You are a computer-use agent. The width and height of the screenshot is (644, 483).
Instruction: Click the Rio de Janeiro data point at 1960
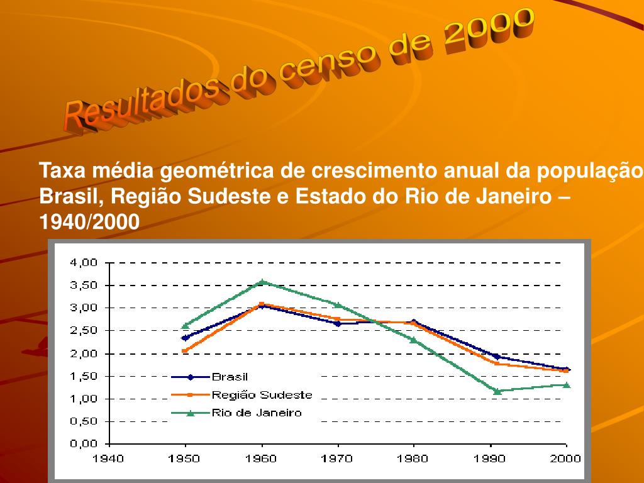point(262,282)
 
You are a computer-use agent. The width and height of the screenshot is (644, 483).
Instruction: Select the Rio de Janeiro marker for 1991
point(497,391)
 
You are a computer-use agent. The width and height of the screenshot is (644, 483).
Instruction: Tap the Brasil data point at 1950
point(185,338)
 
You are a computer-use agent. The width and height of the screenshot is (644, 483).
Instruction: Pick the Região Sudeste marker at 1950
point(185,351)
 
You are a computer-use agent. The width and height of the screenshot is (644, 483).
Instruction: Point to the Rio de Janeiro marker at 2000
point(567,385)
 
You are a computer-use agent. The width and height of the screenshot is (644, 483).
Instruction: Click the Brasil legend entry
point(230,377)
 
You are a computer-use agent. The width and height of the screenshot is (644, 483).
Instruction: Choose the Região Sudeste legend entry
point(262,395)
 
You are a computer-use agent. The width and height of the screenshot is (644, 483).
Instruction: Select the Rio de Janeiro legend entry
point(257,413)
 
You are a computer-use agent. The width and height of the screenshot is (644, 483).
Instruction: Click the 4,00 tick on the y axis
point(84,263)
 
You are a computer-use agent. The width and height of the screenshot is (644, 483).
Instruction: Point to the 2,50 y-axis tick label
point(84,331)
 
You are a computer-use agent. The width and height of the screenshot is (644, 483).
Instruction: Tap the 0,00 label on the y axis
point(84,444)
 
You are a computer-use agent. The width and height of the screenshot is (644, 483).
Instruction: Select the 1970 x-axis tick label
point(338,458)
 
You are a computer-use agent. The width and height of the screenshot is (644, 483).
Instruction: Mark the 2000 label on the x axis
point(567,458)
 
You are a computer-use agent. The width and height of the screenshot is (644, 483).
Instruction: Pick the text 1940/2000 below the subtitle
point(89,221)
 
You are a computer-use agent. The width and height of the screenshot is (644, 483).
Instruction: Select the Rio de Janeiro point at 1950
point(185,326)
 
